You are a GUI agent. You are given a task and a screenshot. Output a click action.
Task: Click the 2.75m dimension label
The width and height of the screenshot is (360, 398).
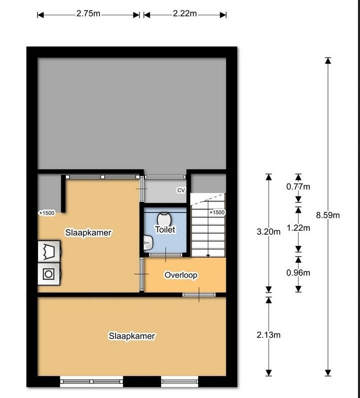point(88,13)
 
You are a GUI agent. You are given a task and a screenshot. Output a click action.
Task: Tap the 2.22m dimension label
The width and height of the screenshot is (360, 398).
point(185,13)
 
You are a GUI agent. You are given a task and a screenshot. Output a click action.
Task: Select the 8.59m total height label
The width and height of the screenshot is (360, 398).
point(328,215)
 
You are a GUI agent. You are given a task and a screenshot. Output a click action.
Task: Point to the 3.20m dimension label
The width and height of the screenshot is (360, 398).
point(269,232)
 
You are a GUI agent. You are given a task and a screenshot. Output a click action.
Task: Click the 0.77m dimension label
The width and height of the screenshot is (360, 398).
point(298,187)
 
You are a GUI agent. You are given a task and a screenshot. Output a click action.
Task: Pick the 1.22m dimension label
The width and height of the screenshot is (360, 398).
point(298,228)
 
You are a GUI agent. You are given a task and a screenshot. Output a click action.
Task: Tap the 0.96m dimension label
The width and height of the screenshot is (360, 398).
point(298,273)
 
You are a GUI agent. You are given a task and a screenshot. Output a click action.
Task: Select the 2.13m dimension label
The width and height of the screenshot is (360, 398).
point(269,335)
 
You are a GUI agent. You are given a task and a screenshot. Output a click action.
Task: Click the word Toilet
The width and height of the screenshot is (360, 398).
point(165,230)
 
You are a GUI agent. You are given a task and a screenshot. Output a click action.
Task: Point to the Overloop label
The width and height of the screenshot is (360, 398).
point(181,275)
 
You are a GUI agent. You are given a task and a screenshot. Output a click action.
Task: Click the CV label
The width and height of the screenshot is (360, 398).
point(181,190)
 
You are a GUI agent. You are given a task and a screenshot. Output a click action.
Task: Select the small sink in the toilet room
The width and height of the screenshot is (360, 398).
point(148,243)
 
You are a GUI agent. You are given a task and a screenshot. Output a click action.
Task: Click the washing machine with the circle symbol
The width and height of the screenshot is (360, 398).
point(49,274)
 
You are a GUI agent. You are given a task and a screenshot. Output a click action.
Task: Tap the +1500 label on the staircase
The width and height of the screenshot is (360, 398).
point(217,212)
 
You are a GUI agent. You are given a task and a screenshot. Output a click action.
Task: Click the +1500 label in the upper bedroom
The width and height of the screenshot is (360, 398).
point(47,213)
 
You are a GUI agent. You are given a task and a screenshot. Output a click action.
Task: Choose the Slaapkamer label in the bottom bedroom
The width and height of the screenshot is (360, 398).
point(132,336)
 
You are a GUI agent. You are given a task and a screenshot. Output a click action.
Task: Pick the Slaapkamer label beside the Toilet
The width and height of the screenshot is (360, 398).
point(88,233)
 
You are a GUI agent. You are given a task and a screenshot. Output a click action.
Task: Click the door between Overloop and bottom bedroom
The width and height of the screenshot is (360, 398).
point(199,295)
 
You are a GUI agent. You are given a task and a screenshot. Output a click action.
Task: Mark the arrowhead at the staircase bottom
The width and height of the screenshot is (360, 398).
point(208,256)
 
